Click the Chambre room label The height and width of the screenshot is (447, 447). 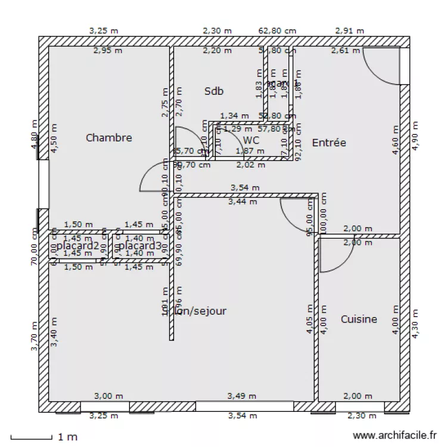pyautogui.click(x=108, y=138)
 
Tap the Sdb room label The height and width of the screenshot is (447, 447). pyautogui.click(x=214, y=91)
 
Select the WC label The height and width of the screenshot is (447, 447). pyautogui.click(x=252, y=140)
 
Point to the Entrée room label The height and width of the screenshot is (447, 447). pyautogui.click(x=329, y=142)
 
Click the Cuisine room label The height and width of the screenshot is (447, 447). pyautogui.click(x=359, y=319)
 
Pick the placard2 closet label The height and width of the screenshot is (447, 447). pyautogui.click(x=77, y=246)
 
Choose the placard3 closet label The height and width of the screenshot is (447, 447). pyautogui.click(x=140, y=246)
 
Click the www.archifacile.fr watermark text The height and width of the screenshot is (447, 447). pyautogui.click(x=395, y=436)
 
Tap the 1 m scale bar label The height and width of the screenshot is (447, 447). pyautogui.click(x=67, y=437)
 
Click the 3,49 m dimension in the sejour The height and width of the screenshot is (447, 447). pyautogui.click(x=242, y=396)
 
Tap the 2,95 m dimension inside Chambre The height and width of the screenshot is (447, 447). pyautogui.click(x=108, y=51)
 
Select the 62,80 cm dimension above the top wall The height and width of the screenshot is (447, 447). pyautogui.click(x=277, y=30)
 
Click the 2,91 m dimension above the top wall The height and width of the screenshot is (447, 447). pyautogui.click(x=350, y=30)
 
